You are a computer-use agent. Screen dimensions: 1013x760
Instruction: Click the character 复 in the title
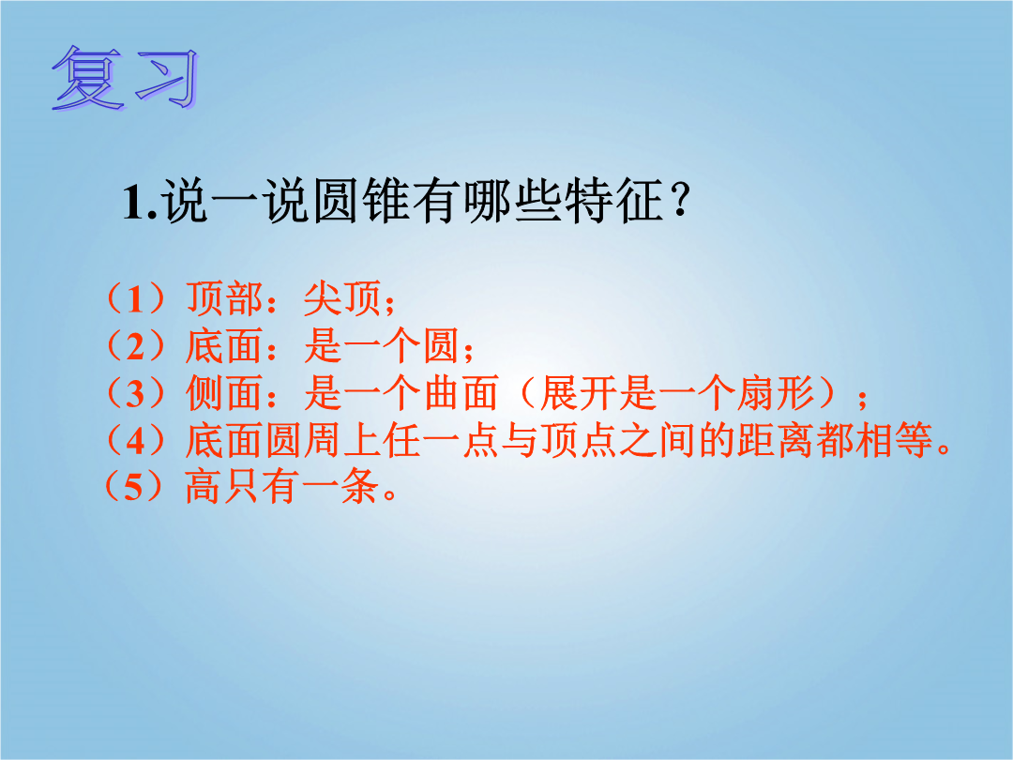coord(87,78)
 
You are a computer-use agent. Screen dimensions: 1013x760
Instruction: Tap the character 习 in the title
coord(167,78)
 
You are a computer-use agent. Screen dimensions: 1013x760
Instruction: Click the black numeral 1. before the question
coord(140,202)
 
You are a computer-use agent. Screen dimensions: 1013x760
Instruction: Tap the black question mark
coord(680,201)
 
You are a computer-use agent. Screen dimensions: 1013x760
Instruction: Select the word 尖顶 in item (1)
coord(341,298)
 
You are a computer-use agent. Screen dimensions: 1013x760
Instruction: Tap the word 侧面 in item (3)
coord(223,393)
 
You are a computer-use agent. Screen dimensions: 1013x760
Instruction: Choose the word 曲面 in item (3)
coord(461,393)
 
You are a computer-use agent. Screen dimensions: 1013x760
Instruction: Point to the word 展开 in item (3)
coord(578,393)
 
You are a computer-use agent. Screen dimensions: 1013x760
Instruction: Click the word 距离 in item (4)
coord(776,441)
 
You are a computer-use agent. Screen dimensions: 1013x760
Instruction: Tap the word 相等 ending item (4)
coord(894,441)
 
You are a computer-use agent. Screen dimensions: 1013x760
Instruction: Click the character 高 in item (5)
coord(204,487)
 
